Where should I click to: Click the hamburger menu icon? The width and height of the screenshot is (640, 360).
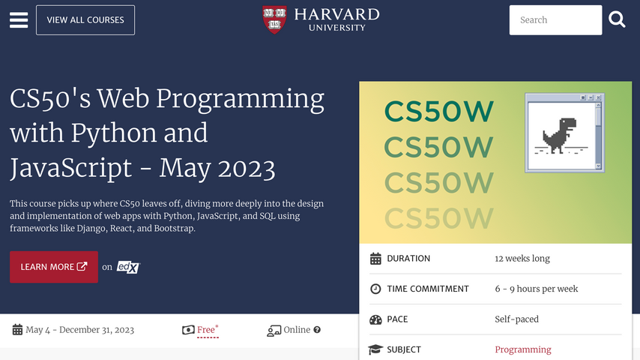point(18,20)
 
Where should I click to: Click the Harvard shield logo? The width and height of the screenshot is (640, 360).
point(274,19)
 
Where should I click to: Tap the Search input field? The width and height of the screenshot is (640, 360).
point(555,20)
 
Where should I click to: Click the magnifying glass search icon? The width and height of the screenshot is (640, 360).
point(617,20)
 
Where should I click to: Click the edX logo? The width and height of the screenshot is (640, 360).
point(128,267)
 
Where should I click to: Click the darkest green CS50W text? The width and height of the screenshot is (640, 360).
point(439,112)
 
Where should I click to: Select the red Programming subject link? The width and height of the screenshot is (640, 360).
point(522,349)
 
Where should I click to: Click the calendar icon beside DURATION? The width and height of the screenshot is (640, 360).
point(375,259)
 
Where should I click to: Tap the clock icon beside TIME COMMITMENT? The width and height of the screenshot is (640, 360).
point(375,289)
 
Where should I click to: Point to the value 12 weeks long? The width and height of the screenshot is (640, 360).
point(522,259)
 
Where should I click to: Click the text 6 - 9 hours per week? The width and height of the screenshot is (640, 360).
point(536,289)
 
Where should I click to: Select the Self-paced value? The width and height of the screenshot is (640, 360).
point(516,319)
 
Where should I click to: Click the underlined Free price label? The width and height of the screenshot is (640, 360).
point(206,330)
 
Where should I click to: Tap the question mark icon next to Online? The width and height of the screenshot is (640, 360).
point(317,330)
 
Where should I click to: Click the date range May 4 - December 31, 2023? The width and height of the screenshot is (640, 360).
point(79,330)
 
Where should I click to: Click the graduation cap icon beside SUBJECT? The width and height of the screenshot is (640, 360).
point(375,349)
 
